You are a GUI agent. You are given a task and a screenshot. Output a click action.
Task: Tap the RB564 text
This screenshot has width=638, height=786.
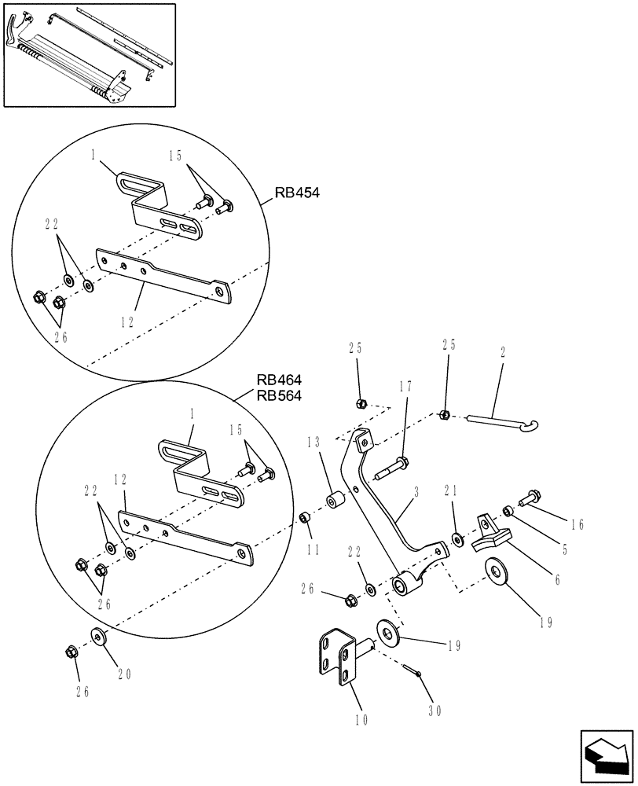click(x=278, y=395)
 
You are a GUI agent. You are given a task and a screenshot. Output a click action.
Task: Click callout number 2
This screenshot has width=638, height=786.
click(x=502, y=354)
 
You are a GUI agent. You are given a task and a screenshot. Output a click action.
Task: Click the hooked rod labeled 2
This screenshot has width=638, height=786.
click(x=504, y=422)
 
